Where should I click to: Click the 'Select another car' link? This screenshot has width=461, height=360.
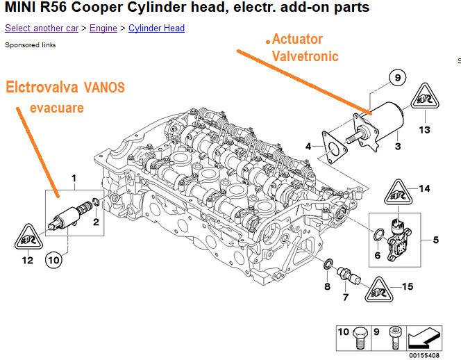coord(41,28)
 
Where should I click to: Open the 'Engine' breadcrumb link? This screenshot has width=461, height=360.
coord(103,28)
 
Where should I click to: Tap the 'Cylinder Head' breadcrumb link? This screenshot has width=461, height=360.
coord(156,28)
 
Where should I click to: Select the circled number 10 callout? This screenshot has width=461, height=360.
coord(53,259)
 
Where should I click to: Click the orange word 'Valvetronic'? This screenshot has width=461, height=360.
coord(305,56)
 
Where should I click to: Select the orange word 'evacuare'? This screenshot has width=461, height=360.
coord(57,108)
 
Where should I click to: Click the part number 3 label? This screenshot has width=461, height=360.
coord(397,147)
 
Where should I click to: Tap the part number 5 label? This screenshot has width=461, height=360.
coord(435,240)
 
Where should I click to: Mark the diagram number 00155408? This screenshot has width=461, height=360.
coord(424,354)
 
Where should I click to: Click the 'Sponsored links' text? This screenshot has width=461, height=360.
coord(31,45)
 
